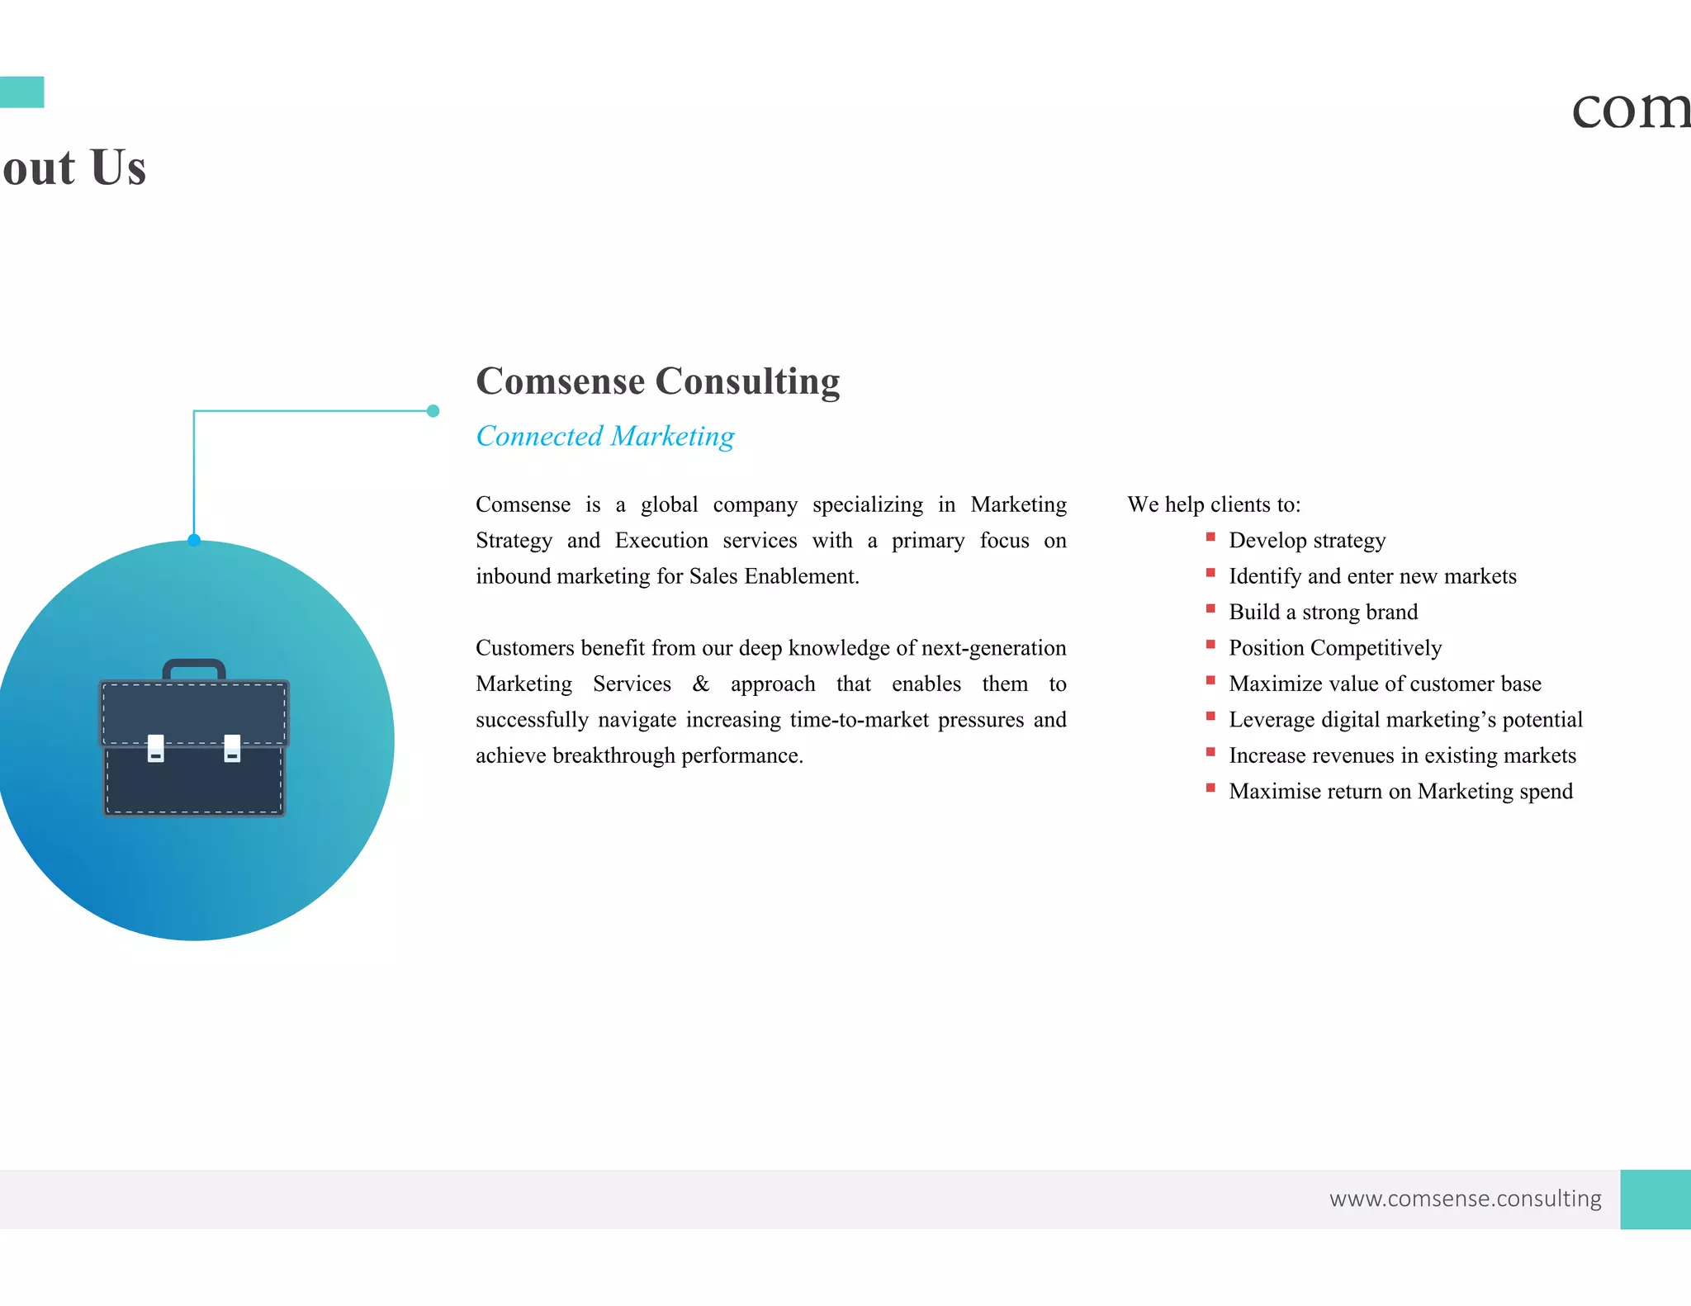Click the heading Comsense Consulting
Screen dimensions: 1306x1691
[657, 381]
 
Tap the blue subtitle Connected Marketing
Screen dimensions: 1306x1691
[604, 436]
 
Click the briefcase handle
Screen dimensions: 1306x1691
[194, 666]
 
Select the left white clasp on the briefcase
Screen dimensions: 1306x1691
[155, 748]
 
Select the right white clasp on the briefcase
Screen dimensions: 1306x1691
[232, 748]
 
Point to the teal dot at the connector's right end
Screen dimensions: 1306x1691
[433, 411]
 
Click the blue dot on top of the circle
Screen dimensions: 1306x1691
[194, 540]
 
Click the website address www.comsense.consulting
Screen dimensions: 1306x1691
[1465, 1198]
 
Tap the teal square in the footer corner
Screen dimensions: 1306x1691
[1655, 1199]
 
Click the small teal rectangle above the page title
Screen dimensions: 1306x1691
[21, 92]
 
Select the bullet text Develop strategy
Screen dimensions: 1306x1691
[1306, 541]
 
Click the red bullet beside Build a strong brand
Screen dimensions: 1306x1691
[1210, 608]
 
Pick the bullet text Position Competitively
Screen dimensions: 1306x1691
[1334, 648]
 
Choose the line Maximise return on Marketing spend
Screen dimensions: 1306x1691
[1400, 792]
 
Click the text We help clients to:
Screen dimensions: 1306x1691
[1214, 504]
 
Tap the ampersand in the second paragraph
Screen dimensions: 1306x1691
[700, 684]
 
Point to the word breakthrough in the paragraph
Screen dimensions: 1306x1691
[613, 755]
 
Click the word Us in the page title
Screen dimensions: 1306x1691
[118, 168]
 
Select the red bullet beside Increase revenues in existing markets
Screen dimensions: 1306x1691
[1210, 752]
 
